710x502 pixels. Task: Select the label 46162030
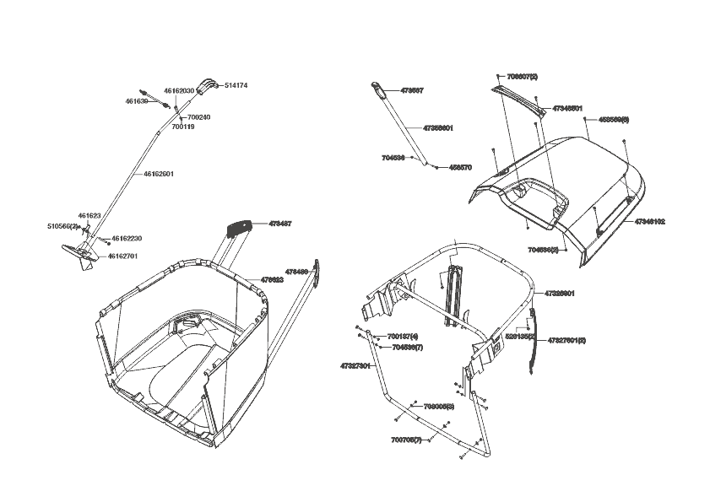(179, 90)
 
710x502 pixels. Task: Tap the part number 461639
(137, 101)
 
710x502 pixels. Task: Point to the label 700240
(199, 117)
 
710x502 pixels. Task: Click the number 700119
(183, 127)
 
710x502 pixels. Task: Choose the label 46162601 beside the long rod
(159, 174)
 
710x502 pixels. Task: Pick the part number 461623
(89, 216)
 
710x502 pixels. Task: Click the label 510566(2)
(62, 226)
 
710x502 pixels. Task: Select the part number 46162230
(127, 239)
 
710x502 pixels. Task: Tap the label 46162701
(122, 256)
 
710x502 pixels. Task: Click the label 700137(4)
(403, 337)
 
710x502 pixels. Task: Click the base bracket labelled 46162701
(79, 253)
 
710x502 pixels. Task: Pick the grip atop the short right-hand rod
(379, 88)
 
